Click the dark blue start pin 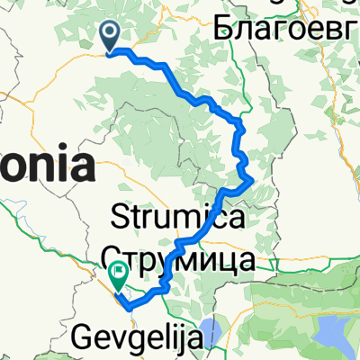pos(111,36)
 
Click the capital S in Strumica pos(118,217)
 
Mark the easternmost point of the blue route pos(249,184)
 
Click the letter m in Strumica pos(195,219)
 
